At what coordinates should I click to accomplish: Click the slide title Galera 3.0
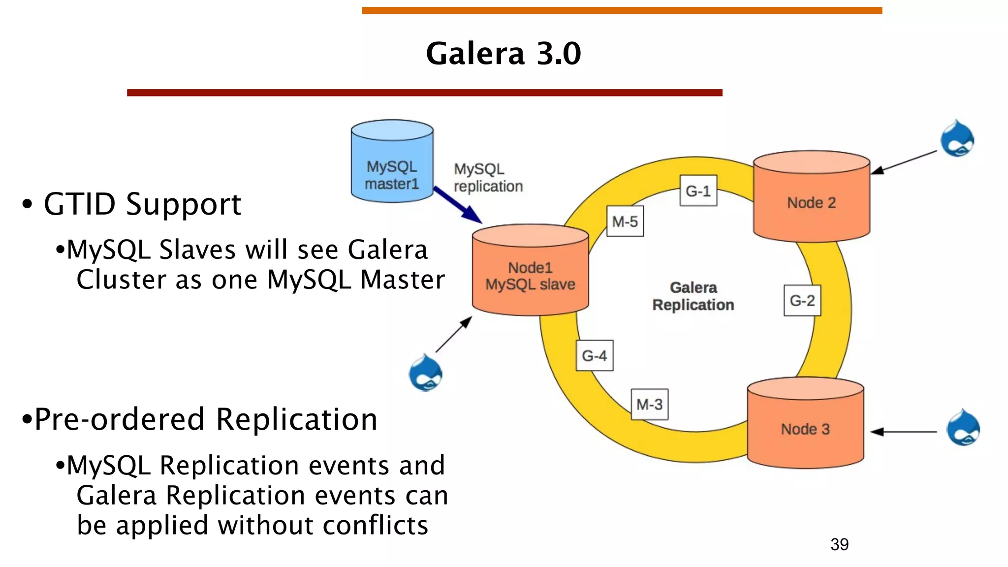point(503,53)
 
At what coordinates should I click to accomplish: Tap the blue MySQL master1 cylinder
point(392,162)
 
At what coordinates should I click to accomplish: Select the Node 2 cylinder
point(811,199)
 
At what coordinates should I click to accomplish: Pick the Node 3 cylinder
point(805,426)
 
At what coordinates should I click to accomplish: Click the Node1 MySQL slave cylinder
point(530,273)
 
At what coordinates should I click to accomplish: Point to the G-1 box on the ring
point(698,191)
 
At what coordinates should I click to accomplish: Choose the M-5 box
point(625,221)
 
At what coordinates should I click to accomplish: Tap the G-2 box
point(802,300)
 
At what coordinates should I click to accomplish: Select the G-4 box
point(594,355)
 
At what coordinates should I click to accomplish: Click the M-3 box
point(649,404)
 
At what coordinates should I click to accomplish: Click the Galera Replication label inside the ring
point(693,296)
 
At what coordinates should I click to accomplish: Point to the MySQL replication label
point(487,178)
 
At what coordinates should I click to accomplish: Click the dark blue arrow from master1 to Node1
point(458,205)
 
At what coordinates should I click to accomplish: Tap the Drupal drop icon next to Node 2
point(957,139)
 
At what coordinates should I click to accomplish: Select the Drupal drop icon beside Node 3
point(963,428)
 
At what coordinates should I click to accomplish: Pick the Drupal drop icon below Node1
point(425,373)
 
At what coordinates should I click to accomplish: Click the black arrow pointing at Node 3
point(903,432)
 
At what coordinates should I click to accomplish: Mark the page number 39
point(839,544)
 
